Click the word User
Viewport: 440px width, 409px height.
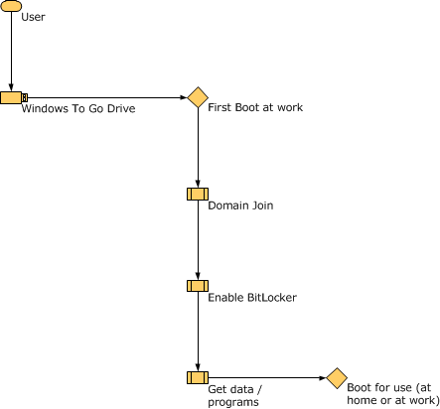(x=33, y=18)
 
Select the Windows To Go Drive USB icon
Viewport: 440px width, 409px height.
(x=12, y=97)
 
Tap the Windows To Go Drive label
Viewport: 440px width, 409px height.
(x=78, y=108)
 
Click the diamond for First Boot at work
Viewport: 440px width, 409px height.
(x=198, y=97)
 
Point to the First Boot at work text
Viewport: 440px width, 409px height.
(x=255, y=106)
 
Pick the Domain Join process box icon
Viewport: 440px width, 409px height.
(x=197, y=194)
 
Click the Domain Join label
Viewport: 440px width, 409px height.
(x=240, y=205)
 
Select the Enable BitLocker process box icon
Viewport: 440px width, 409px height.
(x=197, y=286)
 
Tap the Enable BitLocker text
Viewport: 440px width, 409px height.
(x=251, y=297)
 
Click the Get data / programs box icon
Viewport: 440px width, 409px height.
(x=197, y=377)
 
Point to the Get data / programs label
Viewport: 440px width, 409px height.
(x=233, y=396)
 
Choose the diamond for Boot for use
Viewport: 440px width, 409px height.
(x=336, y=377)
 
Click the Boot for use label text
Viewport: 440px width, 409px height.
(x=392, y=393)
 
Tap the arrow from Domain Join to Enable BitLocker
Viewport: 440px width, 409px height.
(x=198, y=239)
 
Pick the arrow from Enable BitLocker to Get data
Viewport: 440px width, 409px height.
(x=198, y=332)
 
